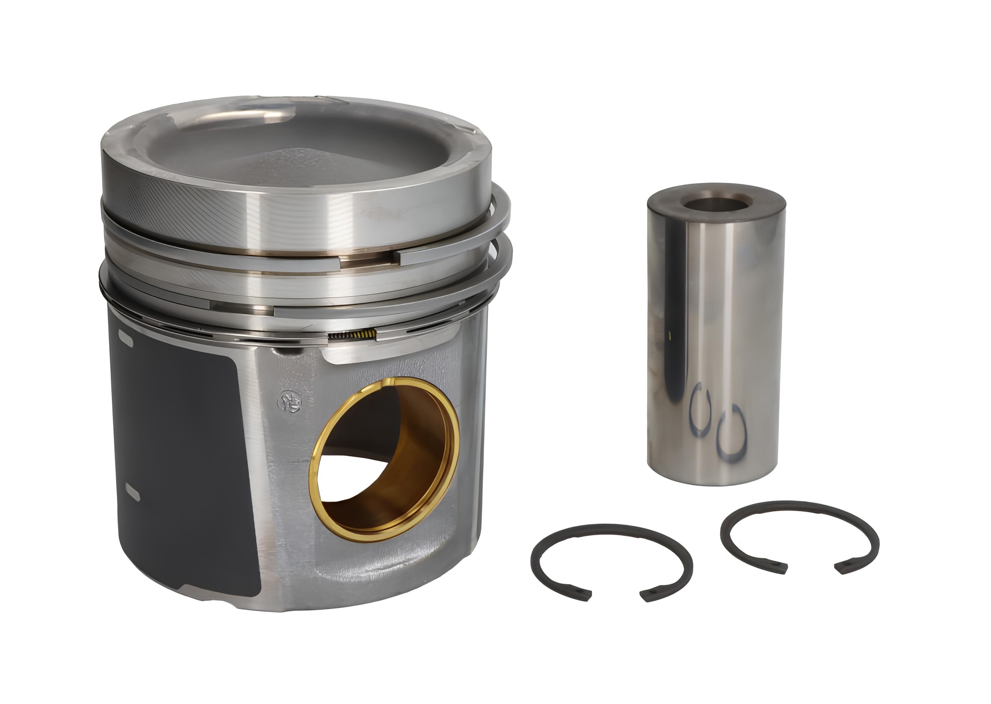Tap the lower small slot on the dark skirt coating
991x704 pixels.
(132, 491)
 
